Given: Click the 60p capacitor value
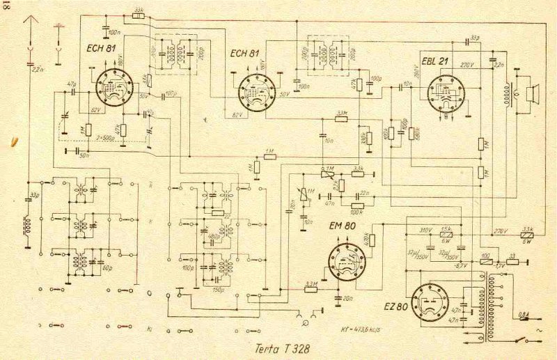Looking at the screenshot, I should point(105,267).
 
